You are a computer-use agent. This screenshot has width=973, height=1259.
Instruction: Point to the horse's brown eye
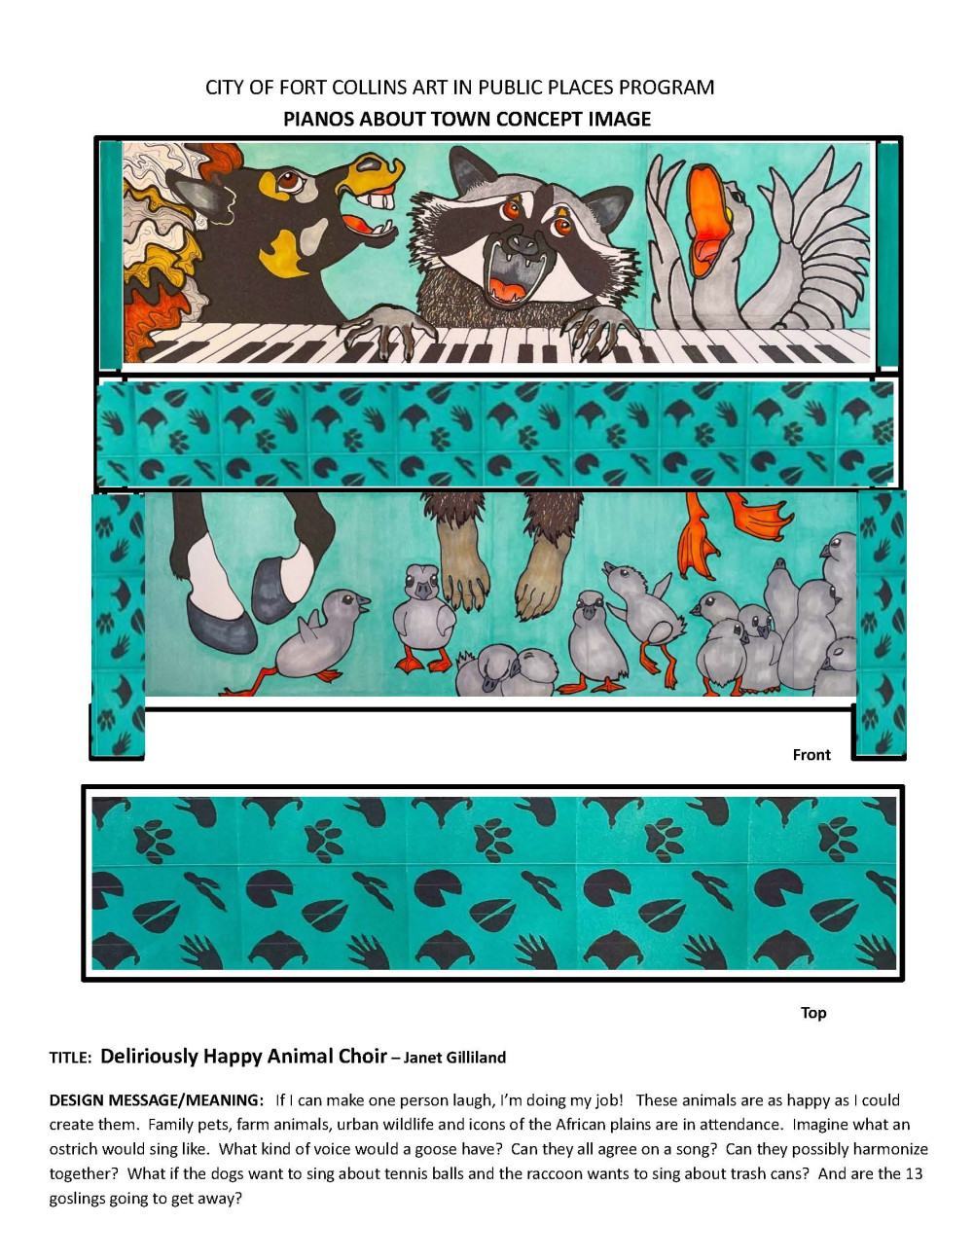coord(289,181)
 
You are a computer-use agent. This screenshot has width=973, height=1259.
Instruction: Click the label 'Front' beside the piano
coord(811,755)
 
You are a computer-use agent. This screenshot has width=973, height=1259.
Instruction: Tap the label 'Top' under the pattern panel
coord(812,1013)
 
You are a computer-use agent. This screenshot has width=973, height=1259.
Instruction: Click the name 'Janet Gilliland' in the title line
coord(454,1058)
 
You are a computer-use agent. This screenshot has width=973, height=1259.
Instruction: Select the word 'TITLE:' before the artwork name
coord(70,1058)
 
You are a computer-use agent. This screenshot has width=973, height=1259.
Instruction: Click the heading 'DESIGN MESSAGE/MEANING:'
coord(156,1100)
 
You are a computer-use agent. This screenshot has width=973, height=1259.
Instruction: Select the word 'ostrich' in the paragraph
coord(74,1149)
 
